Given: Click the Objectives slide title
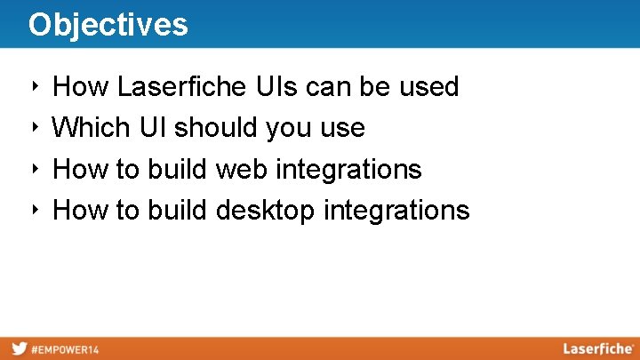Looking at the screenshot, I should point(108,24).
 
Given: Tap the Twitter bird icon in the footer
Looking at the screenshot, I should point(18,349).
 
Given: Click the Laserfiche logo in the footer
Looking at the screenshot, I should point(597,349).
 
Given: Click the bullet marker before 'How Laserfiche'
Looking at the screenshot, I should point(33,86).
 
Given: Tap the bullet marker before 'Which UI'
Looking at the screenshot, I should point(33,127).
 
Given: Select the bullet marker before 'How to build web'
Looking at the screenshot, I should point(33,168).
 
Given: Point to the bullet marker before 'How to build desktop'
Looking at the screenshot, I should point(33,210).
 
